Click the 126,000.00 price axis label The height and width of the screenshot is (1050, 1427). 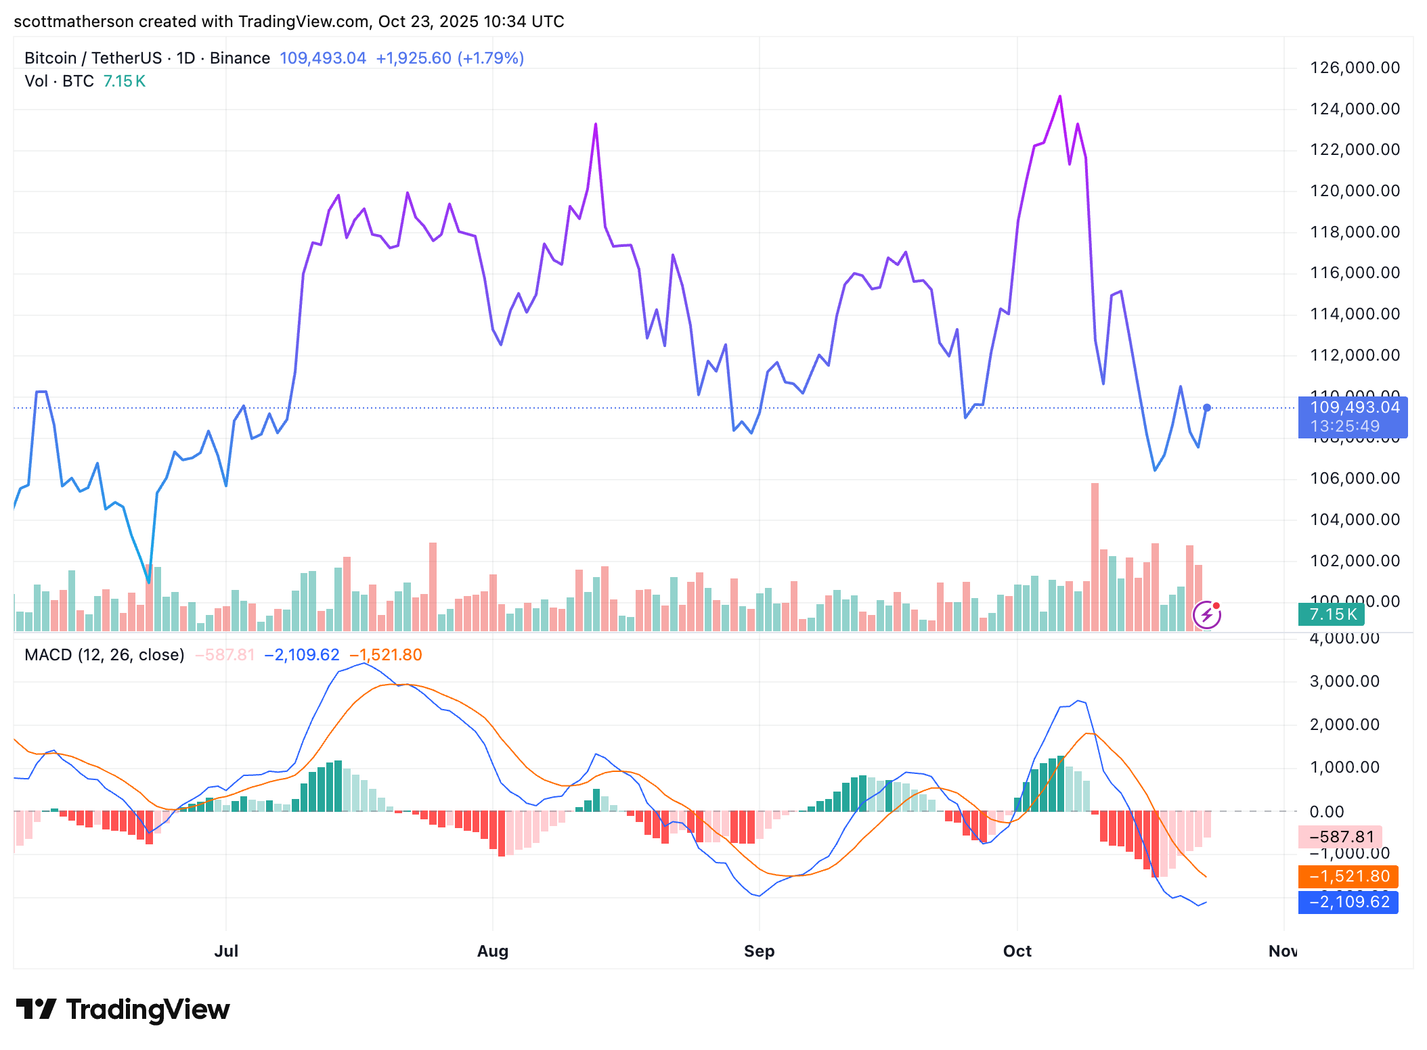pos(1355,68)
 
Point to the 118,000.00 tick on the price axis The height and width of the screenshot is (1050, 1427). pos(1355,232)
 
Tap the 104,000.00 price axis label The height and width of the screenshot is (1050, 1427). pos(1355,520)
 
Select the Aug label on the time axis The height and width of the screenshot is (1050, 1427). pos(492,951)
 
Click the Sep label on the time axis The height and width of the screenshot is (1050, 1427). pos(759,951)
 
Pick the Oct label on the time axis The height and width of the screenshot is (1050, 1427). pos(1017,951)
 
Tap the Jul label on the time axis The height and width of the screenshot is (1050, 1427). pos(226,951)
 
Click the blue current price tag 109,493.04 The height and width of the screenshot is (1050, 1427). pos(1353,408)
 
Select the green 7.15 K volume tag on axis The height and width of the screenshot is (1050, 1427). pos(1332,614)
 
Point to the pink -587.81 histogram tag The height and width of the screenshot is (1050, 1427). pos(1340,838)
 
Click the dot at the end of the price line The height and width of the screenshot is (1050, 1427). pos(1206,408)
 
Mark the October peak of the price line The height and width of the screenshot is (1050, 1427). pos(1060,97)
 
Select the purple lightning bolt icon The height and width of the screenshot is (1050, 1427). pos(1206,615)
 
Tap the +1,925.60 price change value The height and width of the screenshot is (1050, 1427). pos(414,58)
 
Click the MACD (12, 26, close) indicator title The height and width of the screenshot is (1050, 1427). pos(104,655)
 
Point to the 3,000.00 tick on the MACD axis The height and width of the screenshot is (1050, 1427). pos(1344,681)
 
